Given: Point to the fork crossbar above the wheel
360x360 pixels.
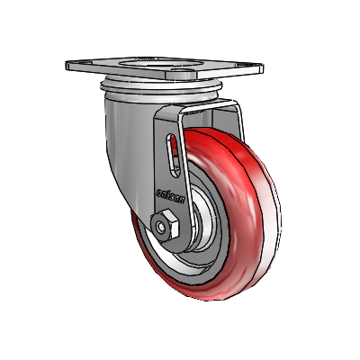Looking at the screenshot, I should [x=207, y=113].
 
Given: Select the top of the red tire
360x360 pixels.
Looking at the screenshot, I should [x=225, y=130].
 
